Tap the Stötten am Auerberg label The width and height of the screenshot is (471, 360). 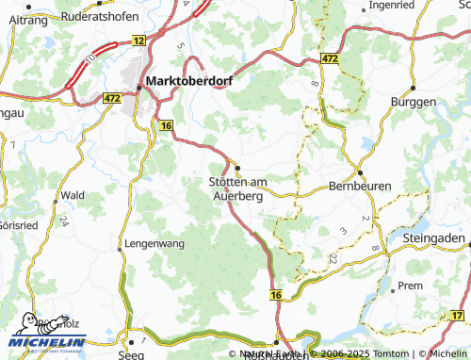coord(237,188)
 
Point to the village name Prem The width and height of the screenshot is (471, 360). coord(411,285)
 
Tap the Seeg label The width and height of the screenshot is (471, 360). coord(131,355)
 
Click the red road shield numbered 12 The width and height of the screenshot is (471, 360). coord(139,41)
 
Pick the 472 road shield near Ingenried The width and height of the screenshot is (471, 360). coord(329,59)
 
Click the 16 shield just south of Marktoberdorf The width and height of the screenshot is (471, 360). coord(166,125)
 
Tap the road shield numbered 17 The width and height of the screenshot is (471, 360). coord(459,315)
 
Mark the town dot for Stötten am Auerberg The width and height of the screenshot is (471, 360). coord(238,169)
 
